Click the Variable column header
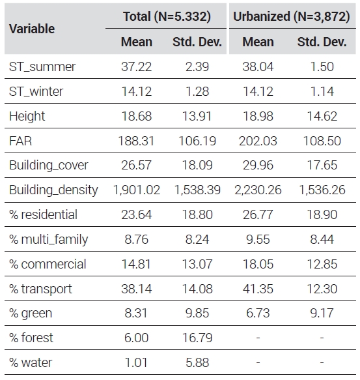click(32, 29)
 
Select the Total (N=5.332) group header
click(167, 16)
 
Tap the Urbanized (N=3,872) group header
click(292, 16)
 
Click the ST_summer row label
click(42, 66)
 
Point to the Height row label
click(27, 116)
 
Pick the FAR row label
click(20, 141)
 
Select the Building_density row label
click(53, 190)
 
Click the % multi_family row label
click(48, 239)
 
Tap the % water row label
click(31, 362)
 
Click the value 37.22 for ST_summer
click(137, 66)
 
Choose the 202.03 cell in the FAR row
click(258, 141)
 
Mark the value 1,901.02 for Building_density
click(137, 190)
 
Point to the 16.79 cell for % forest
click(197, 338)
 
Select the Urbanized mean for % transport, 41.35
click(258, 289)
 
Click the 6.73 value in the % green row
click(258, 313)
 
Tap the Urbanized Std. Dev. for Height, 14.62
click(322, 116)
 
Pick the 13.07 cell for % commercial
click(197, 264)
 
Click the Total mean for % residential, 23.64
click(137, 214)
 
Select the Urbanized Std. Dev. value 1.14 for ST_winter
click(322, 91)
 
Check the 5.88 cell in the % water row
click(197, 362)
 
